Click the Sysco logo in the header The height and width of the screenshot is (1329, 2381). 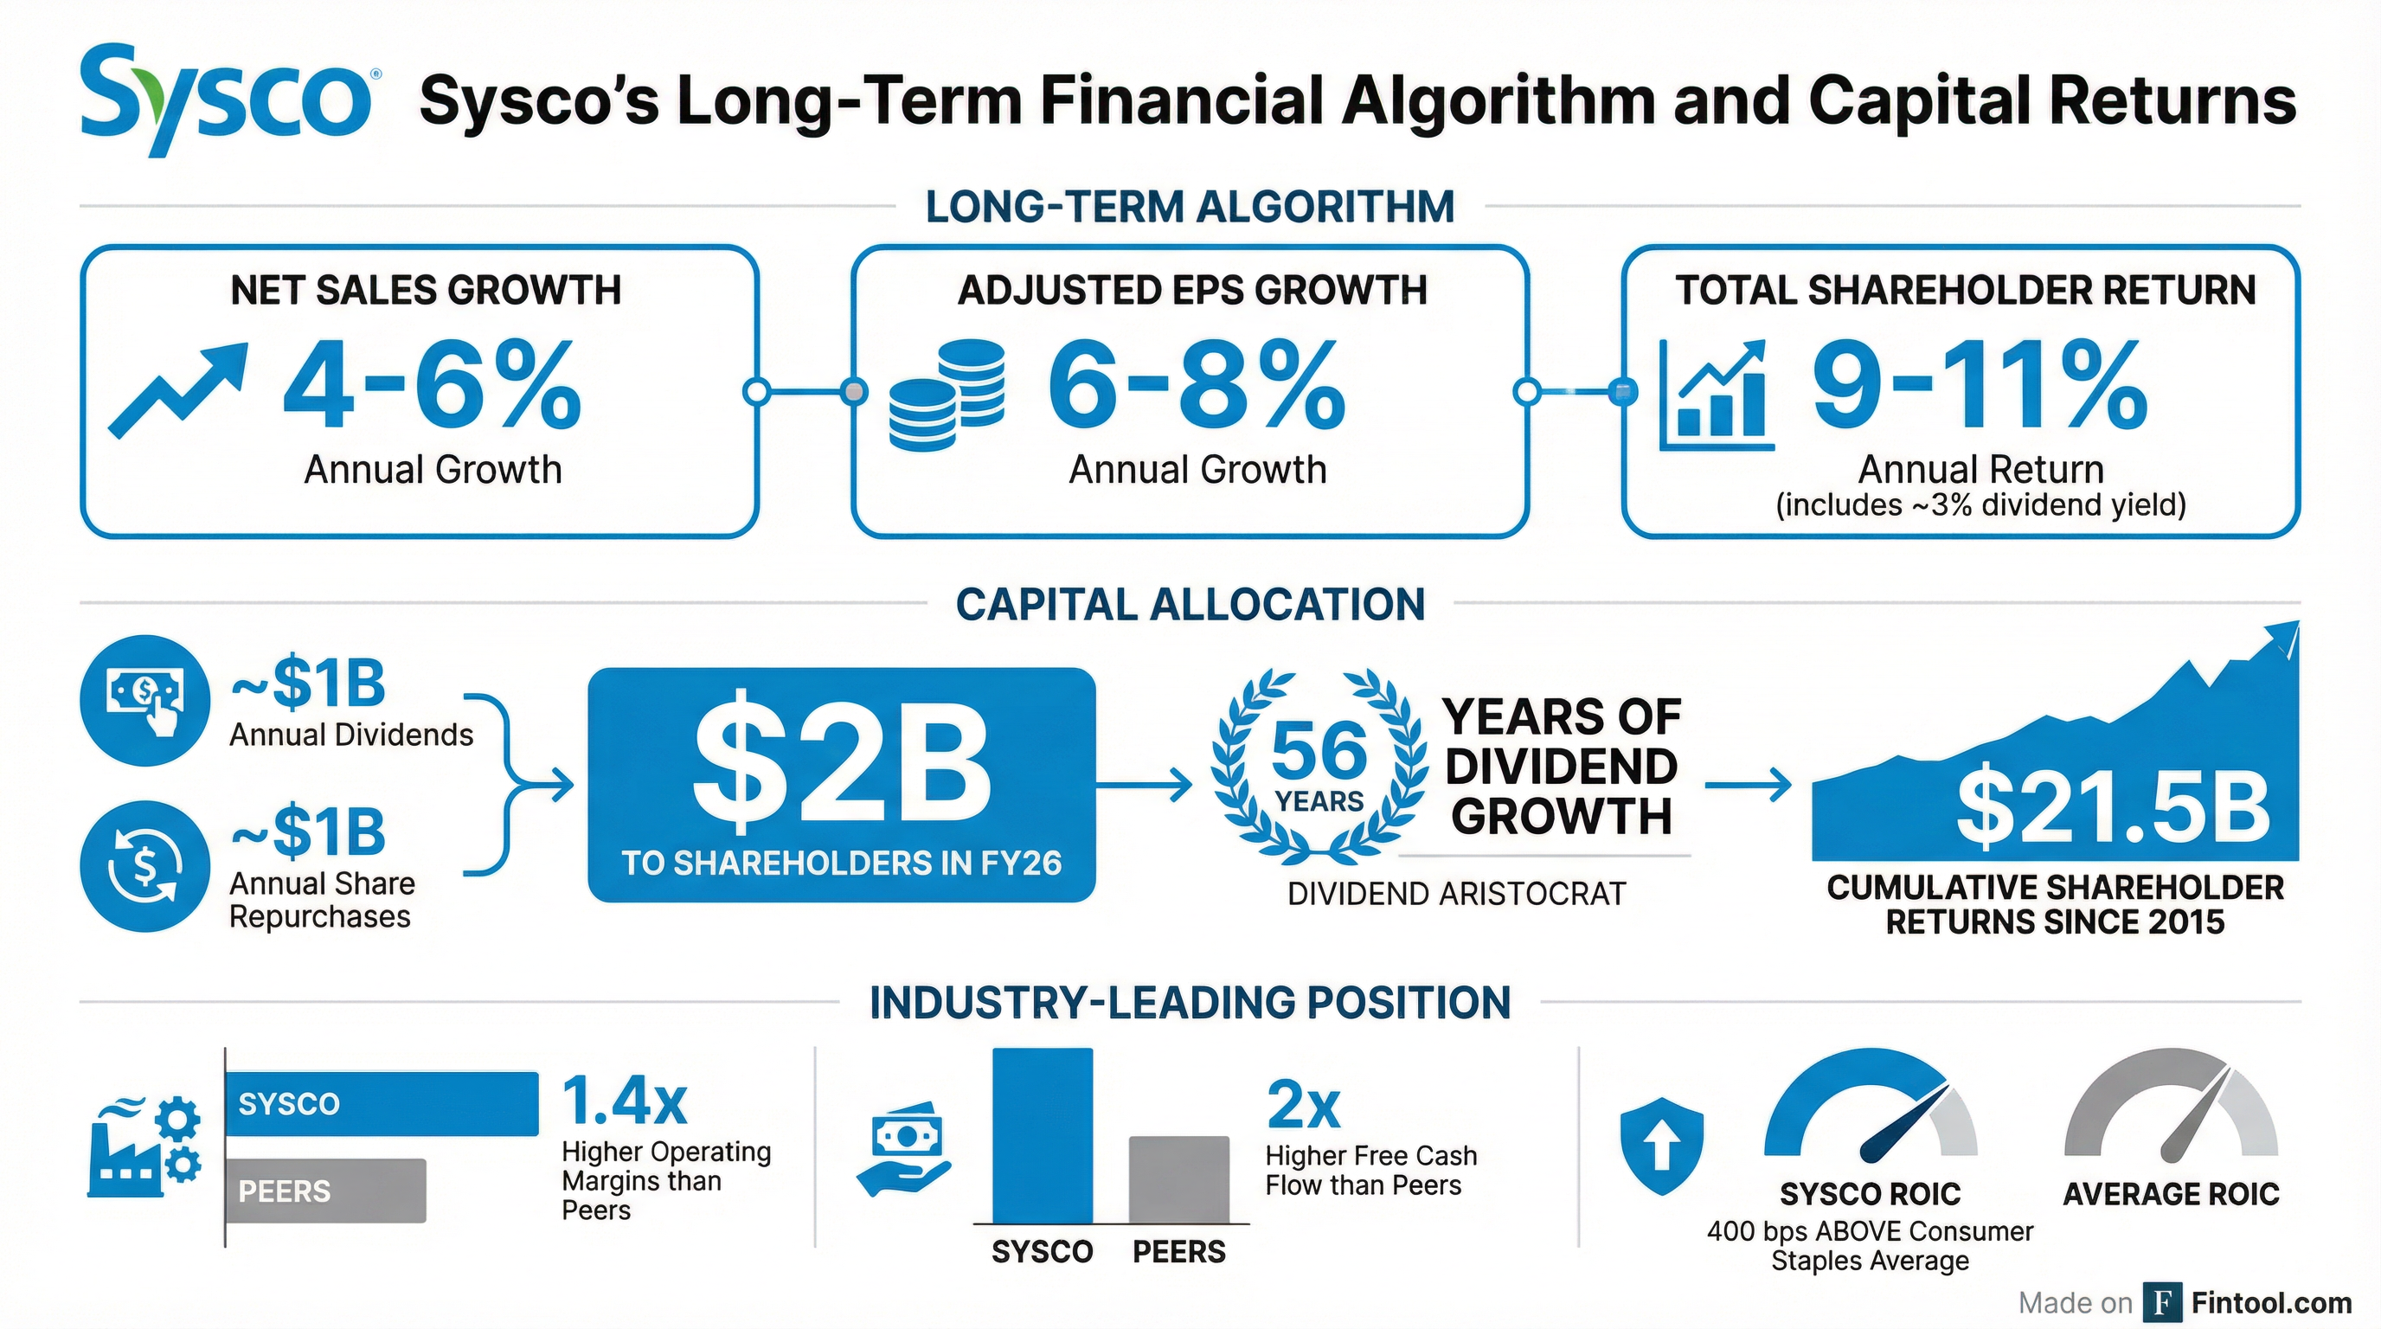[226, 99]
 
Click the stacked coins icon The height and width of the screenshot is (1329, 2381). [946, 395]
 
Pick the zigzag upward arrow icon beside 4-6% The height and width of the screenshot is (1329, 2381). [178, 389]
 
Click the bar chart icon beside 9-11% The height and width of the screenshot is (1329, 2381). [1715, 395]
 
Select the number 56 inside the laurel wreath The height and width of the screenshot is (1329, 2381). [1319, 750]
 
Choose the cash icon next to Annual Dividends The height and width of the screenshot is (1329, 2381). [145, 700]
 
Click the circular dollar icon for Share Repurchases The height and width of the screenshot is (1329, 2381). [145, 866]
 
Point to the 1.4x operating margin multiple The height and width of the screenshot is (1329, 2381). [625, 1101]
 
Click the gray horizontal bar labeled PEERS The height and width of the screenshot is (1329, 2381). [325, 1191]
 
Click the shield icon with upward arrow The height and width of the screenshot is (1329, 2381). [1662, 1146]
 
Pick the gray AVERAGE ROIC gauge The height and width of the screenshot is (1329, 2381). [2171, 1109]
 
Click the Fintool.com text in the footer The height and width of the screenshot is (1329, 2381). [2271, 1303]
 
